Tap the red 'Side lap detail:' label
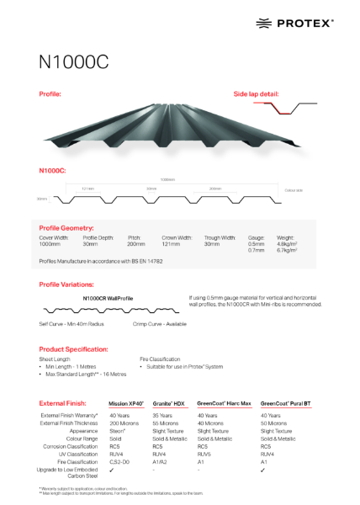[x=256, y=93]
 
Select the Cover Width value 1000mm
[x=52, y=243]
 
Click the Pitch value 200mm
[x=136, y=243]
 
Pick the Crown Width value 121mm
[x=171, y=243]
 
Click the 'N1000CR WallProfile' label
[x=109, y=298]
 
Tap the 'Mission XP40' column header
[x=126, y=404]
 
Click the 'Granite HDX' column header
[x=168, y=404]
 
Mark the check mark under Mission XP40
[x=112, y=470]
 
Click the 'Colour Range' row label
[x=82, y=439]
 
